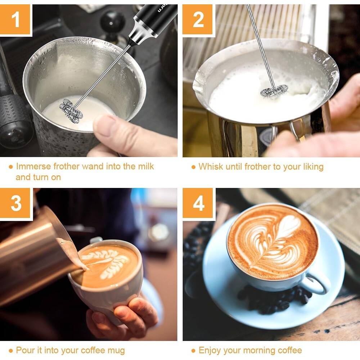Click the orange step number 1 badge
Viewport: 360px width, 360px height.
point(15,20)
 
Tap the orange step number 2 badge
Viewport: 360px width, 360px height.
point(198,20)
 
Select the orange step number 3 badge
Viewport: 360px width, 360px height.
point(15,204)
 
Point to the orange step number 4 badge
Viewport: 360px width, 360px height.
point(198,204)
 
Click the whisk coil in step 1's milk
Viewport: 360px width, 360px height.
point(71,111)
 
